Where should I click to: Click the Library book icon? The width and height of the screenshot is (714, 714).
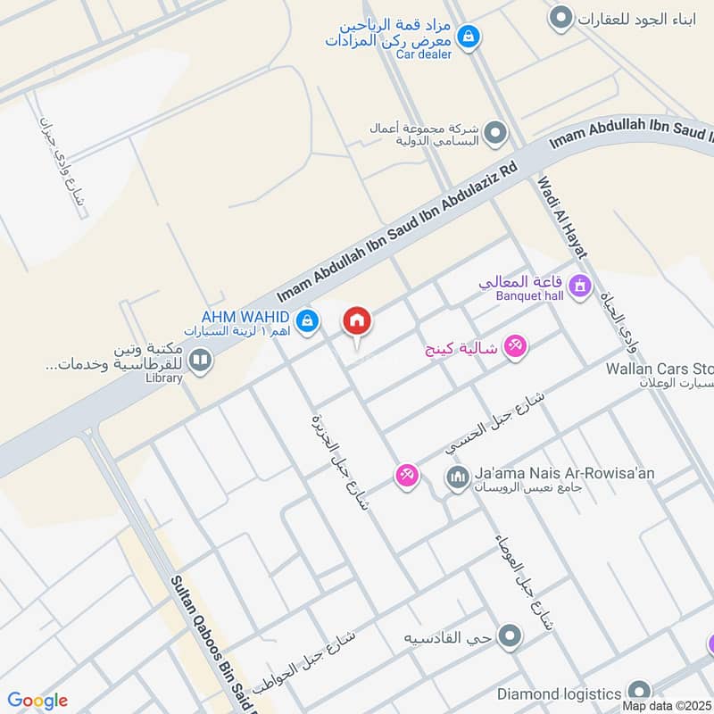(200, 361)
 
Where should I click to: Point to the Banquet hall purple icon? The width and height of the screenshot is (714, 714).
(581, 286)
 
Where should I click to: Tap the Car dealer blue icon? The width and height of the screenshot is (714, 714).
(467, 37)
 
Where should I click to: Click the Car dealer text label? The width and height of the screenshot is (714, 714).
(424, 54)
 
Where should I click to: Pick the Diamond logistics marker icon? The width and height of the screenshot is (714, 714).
(638, 693)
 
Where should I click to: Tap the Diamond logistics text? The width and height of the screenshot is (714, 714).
(559, 693)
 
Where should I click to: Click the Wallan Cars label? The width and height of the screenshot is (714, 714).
(660, 368)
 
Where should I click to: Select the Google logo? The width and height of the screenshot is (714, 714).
(38, 701)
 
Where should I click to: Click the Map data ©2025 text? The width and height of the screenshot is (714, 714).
(668, 706)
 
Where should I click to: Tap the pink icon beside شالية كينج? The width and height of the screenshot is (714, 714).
(515, 346)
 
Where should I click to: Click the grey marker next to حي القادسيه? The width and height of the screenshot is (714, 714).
(510, 636)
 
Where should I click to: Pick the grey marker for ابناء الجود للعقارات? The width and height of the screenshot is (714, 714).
(560, 17)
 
